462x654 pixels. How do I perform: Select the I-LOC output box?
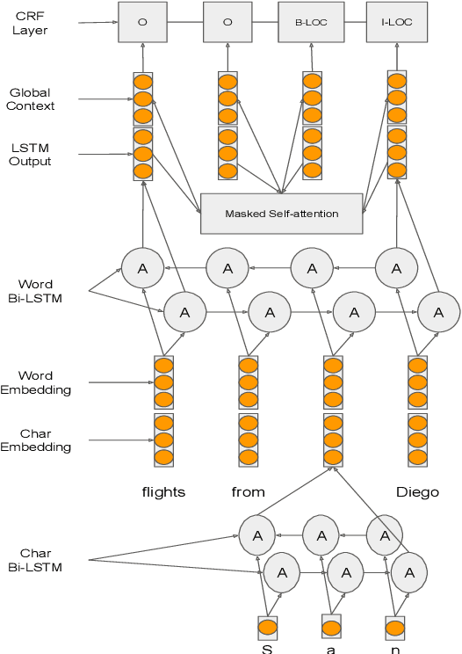pyautogui.click(x=396, y=22)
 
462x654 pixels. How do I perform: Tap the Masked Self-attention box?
pyautogui.click(x=281, y=214)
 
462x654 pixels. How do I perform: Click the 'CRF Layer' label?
pyautogui.click(x=31, y=23)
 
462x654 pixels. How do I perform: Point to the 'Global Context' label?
pyautogui.click(x=32, y=99)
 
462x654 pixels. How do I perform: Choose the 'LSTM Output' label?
pyautogui.click(x=32, y=155)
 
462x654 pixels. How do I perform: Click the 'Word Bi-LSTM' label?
pyautogui.click(x=35, y=291)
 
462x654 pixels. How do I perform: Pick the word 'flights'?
pyautogui.click(x=163, y=491)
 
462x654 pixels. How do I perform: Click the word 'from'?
pyautogui.click(x=248, y=491)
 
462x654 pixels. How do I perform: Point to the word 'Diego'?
pyautogui.click(x=416, y=491)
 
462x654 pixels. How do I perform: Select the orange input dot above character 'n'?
pyautogui.click(x=395, y=628)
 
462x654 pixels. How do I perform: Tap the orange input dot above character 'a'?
pyautogui.click(x=331, y=628)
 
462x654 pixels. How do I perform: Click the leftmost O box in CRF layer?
pyautogui.click(x=142, y=22)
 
